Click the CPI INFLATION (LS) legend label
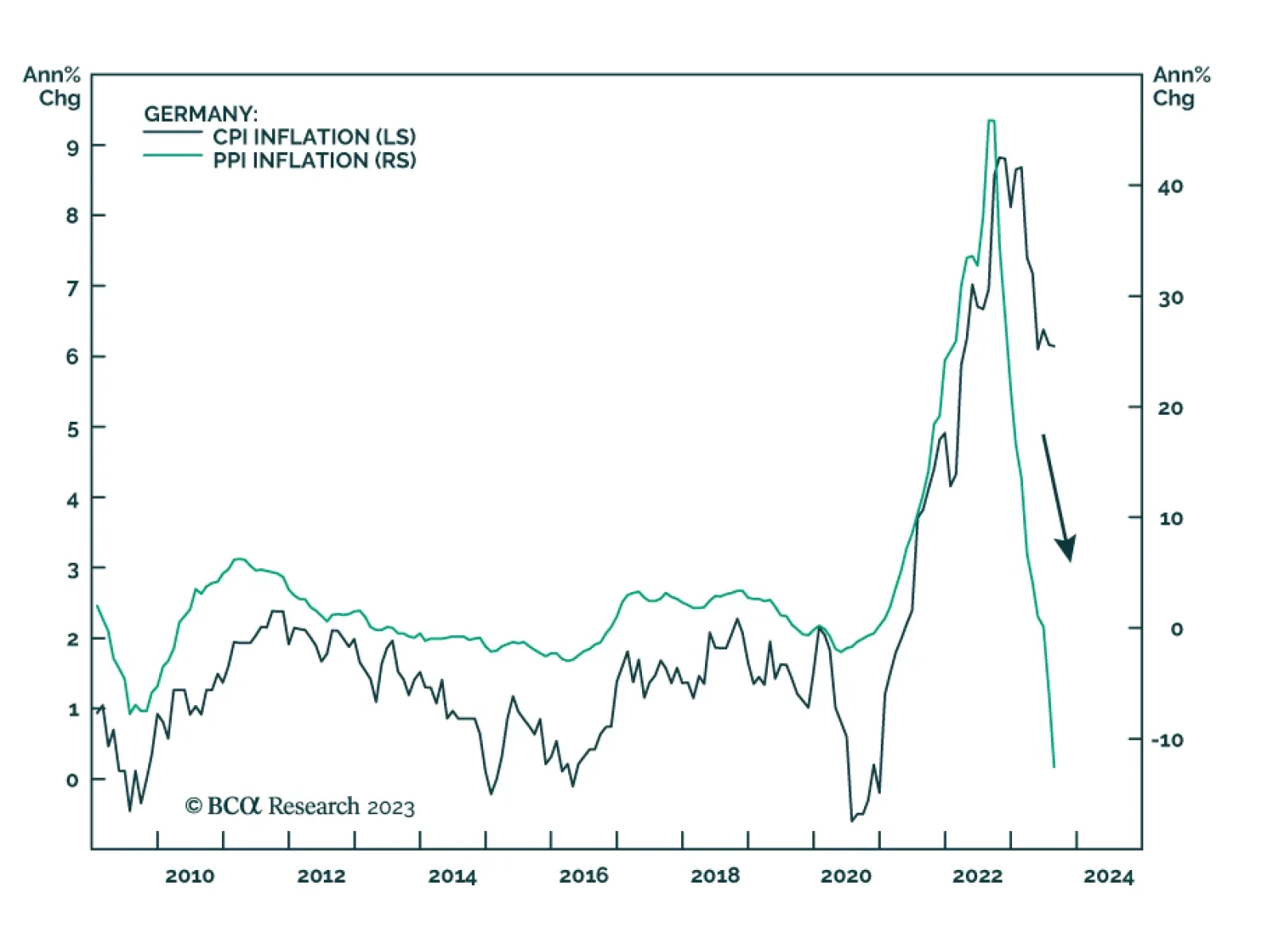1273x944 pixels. (x=314, y=137)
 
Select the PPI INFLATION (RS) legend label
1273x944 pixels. (x=314, y=161)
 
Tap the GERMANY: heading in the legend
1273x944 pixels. (x=200, y=114)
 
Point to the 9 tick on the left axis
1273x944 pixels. (x=73, y=147)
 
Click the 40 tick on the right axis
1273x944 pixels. (x=1170, y=187)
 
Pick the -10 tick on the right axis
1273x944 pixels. (x=1167, y=740)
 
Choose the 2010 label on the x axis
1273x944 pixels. (x=189, y=876)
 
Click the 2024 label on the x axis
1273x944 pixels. (x=1108, y=876)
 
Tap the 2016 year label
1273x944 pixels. (x=583, y=876)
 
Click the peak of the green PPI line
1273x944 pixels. (x=991, y=121)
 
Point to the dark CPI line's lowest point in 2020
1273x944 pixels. (x=851, y=820)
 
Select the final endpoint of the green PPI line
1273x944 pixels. (x=1054, y=767)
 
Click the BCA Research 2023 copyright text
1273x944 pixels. (x=300, y=807)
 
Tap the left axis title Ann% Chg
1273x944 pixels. (x=53, y=86)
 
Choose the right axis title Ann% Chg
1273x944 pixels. (x=1181, y=86)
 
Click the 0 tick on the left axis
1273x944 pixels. (x=72, y=781)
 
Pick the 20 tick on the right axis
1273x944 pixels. (x=1170, y=408)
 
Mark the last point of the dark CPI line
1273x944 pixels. (x=1055, y=345)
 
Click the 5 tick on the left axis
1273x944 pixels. (x=73, y=430)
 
